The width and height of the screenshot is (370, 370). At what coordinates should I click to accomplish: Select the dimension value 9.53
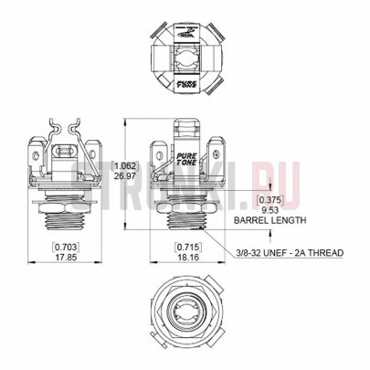(270, 208)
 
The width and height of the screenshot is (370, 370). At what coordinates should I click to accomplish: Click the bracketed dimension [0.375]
(270, 198)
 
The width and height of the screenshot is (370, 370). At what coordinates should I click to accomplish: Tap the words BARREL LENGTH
(270, 220)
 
